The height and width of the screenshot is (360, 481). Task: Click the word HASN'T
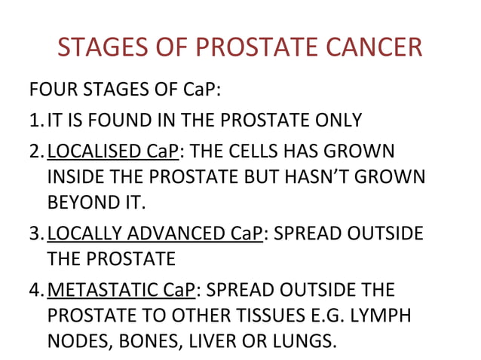click(321, 178)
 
